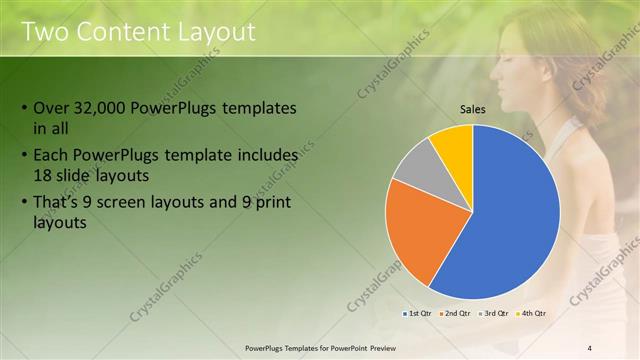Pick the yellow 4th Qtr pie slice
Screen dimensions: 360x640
[x=455, y=144]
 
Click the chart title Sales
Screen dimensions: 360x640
[x=473, y=110]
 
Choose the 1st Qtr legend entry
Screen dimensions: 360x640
[x=419, y=314]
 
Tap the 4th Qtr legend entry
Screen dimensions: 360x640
[x=534, y=314]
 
